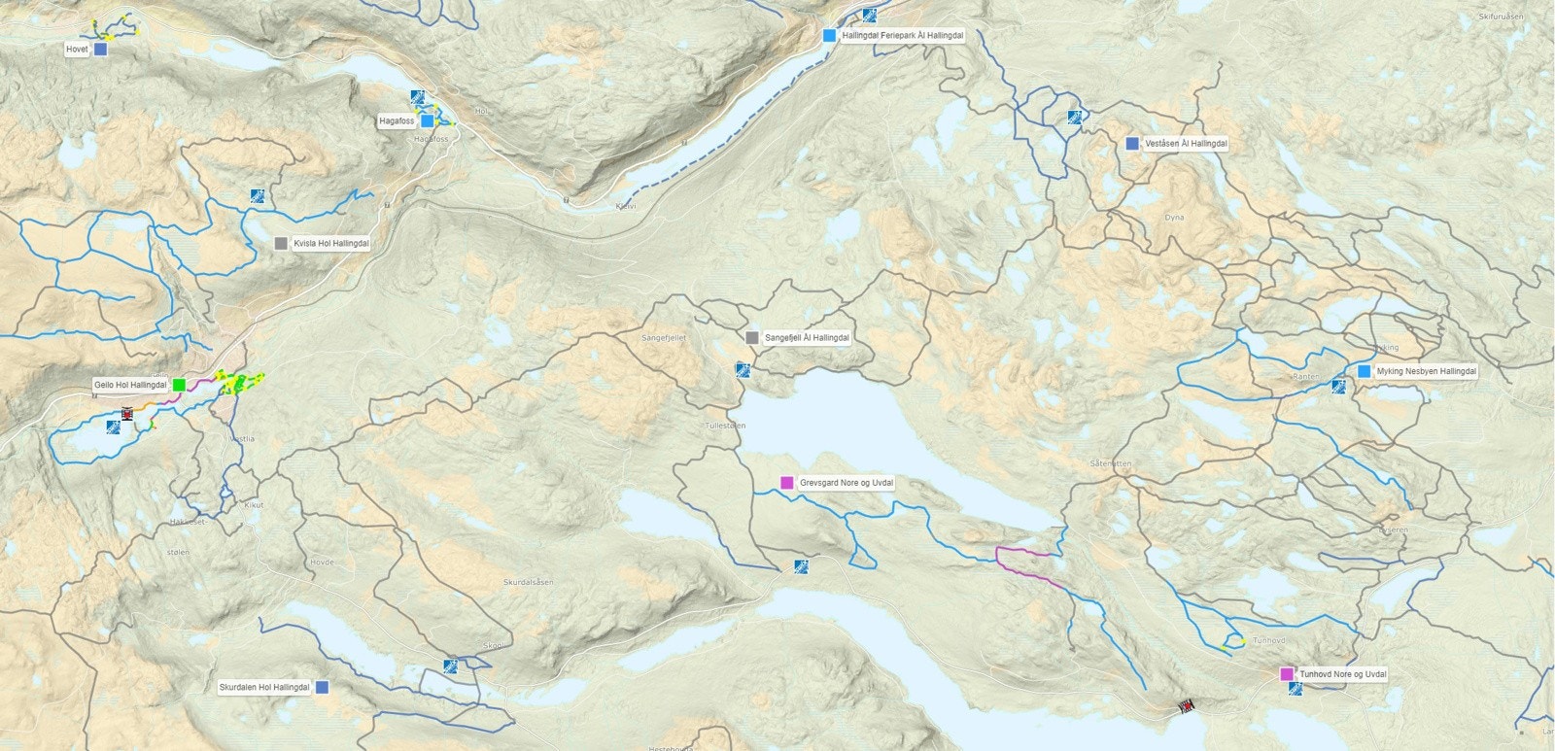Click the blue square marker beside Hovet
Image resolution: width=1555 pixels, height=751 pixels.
point(100,49)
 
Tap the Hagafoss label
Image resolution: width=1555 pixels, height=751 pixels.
point(397,121)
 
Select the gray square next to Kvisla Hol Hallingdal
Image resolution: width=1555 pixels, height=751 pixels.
point(281,244)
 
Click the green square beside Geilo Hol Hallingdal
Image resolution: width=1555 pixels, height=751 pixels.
point(180,385)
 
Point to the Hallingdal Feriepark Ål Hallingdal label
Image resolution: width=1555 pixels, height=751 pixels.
point(903,35)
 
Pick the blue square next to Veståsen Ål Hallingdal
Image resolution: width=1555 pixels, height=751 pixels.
point(1131,143)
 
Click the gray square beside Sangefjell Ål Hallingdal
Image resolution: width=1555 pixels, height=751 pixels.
point(751,338)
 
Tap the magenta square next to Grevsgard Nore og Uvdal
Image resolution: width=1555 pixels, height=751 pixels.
point(787,483)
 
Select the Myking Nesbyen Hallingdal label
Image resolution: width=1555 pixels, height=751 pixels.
point(1426,371)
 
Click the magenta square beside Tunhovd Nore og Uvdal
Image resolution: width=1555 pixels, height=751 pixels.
point(1287,674)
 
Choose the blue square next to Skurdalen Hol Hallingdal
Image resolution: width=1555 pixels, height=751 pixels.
point(323,687)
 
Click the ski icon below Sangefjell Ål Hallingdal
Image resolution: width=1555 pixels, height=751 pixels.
point(743,369)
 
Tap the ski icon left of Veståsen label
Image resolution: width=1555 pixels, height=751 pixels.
point(1074,118)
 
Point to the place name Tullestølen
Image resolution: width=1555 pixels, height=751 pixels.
point(725,426)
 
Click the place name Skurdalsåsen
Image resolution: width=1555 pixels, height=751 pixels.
point(528,582)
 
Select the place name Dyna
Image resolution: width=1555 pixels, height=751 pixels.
point(1174,218)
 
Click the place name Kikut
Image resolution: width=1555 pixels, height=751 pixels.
point(254,505)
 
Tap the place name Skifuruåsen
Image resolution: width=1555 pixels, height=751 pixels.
point(1501,17)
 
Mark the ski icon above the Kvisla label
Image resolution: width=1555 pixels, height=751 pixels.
point(257,195)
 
